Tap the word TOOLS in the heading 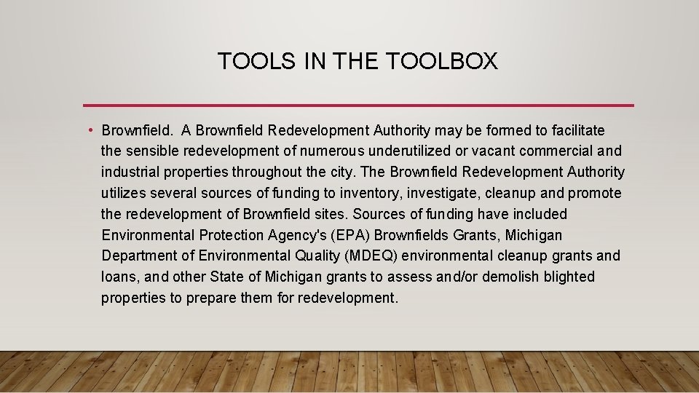click(256, 62)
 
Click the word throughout click(268, 172)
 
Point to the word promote click(594, 194)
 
